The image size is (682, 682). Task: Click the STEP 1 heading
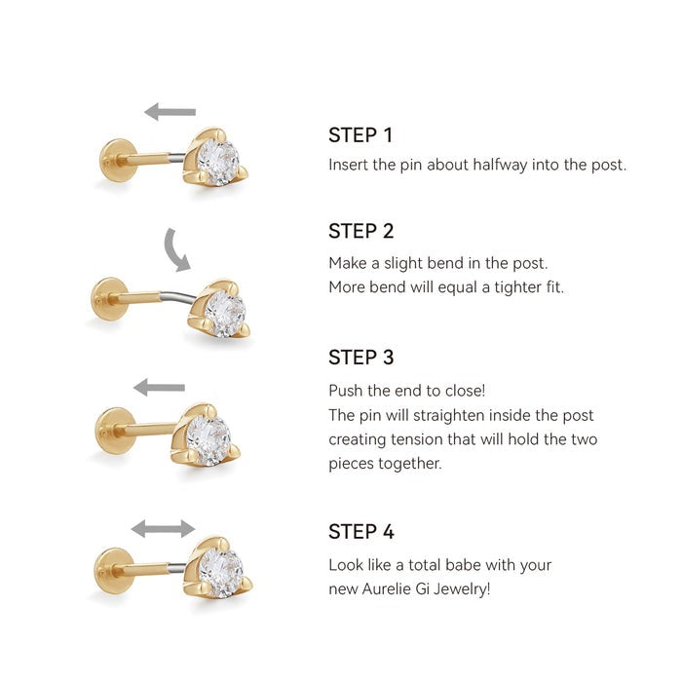pos(360,135)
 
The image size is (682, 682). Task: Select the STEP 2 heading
pos(361,231)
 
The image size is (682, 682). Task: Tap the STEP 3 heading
pos(361,358)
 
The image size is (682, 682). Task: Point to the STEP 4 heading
pos(361,532)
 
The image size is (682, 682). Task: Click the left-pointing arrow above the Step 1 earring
pos(170,112)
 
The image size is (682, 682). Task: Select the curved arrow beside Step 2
pos(175,249)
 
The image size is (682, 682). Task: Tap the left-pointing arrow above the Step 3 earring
pos(159,388)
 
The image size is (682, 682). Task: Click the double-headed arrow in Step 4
pos(163,529)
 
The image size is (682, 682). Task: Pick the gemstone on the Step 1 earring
pos(218,161)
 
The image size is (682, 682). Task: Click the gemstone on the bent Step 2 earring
pos(226,312)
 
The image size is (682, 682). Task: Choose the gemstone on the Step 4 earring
pos(222,571)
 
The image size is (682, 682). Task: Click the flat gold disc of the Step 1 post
pos(115,160)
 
